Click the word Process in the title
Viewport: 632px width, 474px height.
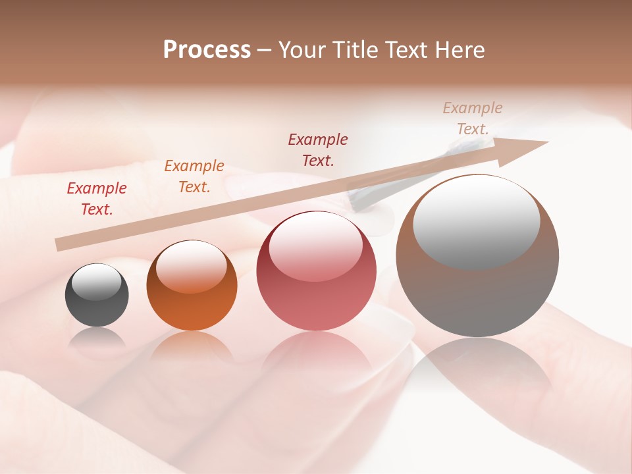(x=207, y=50)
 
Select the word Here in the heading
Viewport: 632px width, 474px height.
(x=460, y=50)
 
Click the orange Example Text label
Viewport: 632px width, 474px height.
(x=194, y=176)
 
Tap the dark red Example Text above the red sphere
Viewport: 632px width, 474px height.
(x=318, y=149)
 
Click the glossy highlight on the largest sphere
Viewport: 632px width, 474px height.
(x=477, y=221)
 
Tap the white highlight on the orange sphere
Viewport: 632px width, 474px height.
(x=192, y=265)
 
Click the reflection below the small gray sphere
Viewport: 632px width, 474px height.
(x=97, y=339)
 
